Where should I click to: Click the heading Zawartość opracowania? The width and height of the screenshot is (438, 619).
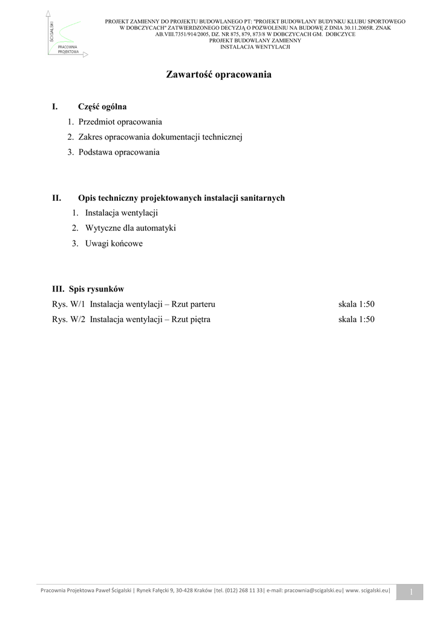click(218, 75)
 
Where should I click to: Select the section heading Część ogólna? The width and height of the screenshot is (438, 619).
click(102, 107)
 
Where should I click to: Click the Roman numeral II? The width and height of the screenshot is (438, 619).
click(57, 198)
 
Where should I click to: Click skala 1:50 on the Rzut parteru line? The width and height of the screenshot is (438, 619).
click(356, 304)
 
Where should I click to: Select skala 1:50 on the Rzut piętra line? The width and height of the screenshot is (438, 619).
click(356, 319)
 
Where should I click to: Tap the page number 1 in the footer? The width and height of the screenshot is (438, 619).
click(410, 592)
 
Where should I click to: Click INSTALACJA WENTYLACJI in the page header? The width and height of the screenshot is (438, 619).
click(255, 47)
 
